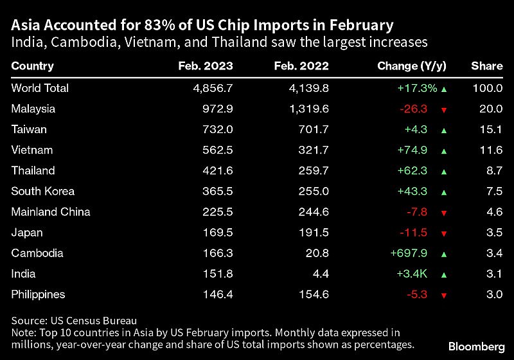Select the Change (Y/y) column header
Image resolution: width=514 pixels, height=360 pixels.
click(411, 66)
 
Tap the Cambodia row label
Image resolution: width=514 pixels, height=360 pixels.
click(33, 253)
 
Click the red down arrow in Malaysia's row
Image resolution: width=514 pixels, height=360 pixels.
click(443, 109)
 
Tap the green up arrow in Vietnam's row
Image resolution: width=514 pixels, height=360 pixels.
click(443, 150)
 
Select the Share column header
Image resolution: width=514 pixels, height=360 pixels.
click(486, 66)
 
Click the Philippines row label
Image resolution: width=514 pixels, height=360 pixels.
click(38, 294)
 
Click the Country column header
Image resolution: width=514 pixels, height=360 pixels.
click(32, 66)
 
